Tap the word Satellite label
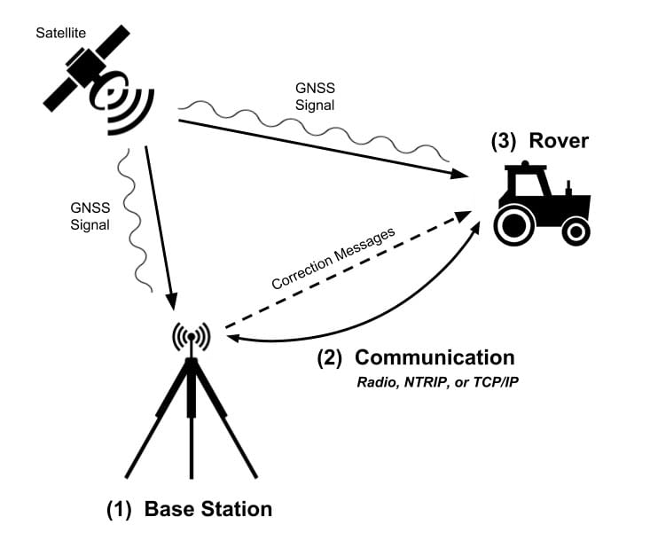pyautogui.click(x=60, y=34)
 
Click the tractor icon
pyautogui.click(x=539, y=206)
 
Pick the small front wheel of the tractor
pyautogui.click(x=576, y=232)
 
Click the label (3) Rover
pyautogui.click(x=539, y=141)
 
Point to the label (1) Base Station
pyautogui.click(x=189, y=509)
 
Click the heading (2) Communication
pyautogui.click(x=416, y=357)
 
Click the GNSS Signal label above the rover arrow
pyautogui.click(x=317, y=97)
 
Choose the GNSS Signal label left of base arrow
pyautogui.click(x=90, y=216)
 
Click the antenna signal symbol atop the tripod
pyautogui.click(x=190, y=338)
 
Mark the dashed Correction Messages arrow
pyautogui.click(x=355, y=271)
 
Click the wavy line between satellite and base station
pyautogui.click(x=133, y=222)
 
